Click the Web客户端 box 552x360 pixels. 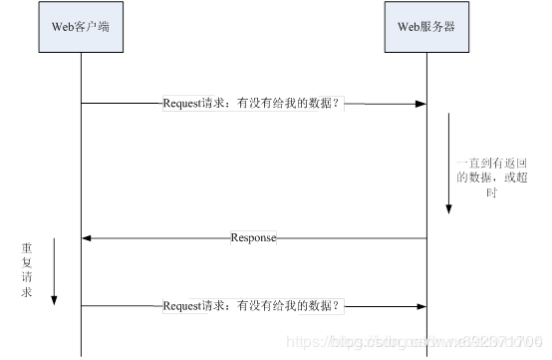click(81, 27)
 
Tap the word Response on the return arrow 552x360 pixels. click(253, 238)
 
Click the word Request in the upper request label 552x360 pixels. click(182, 103)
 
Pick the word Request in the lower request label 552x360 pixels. click(182, 306)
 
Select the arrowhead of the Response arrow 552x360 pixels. click(88, 238)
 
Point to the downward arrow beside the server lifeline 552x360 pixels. click(448, 165)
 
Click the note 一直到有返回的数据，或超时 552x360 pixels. click(490, 177)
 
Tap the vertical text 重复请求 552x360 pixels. click(27, 268)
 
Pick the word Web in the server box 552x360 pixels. click(410, 27)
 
